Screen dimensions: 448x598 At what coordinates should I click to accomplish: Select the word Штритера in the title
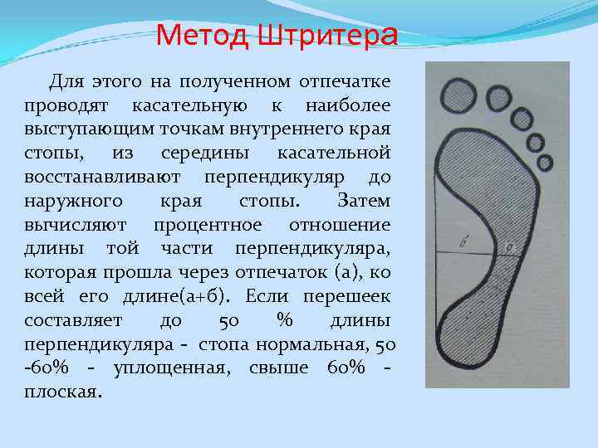click(328, 36)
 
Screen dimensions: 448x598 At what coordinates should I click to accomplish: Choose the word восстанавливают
click(105, 178)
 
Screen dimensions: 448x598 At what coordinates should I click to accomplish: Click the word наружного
click(73, 202)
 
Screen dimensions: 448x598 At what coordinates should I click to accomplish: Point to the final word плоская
click(61, 392)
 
